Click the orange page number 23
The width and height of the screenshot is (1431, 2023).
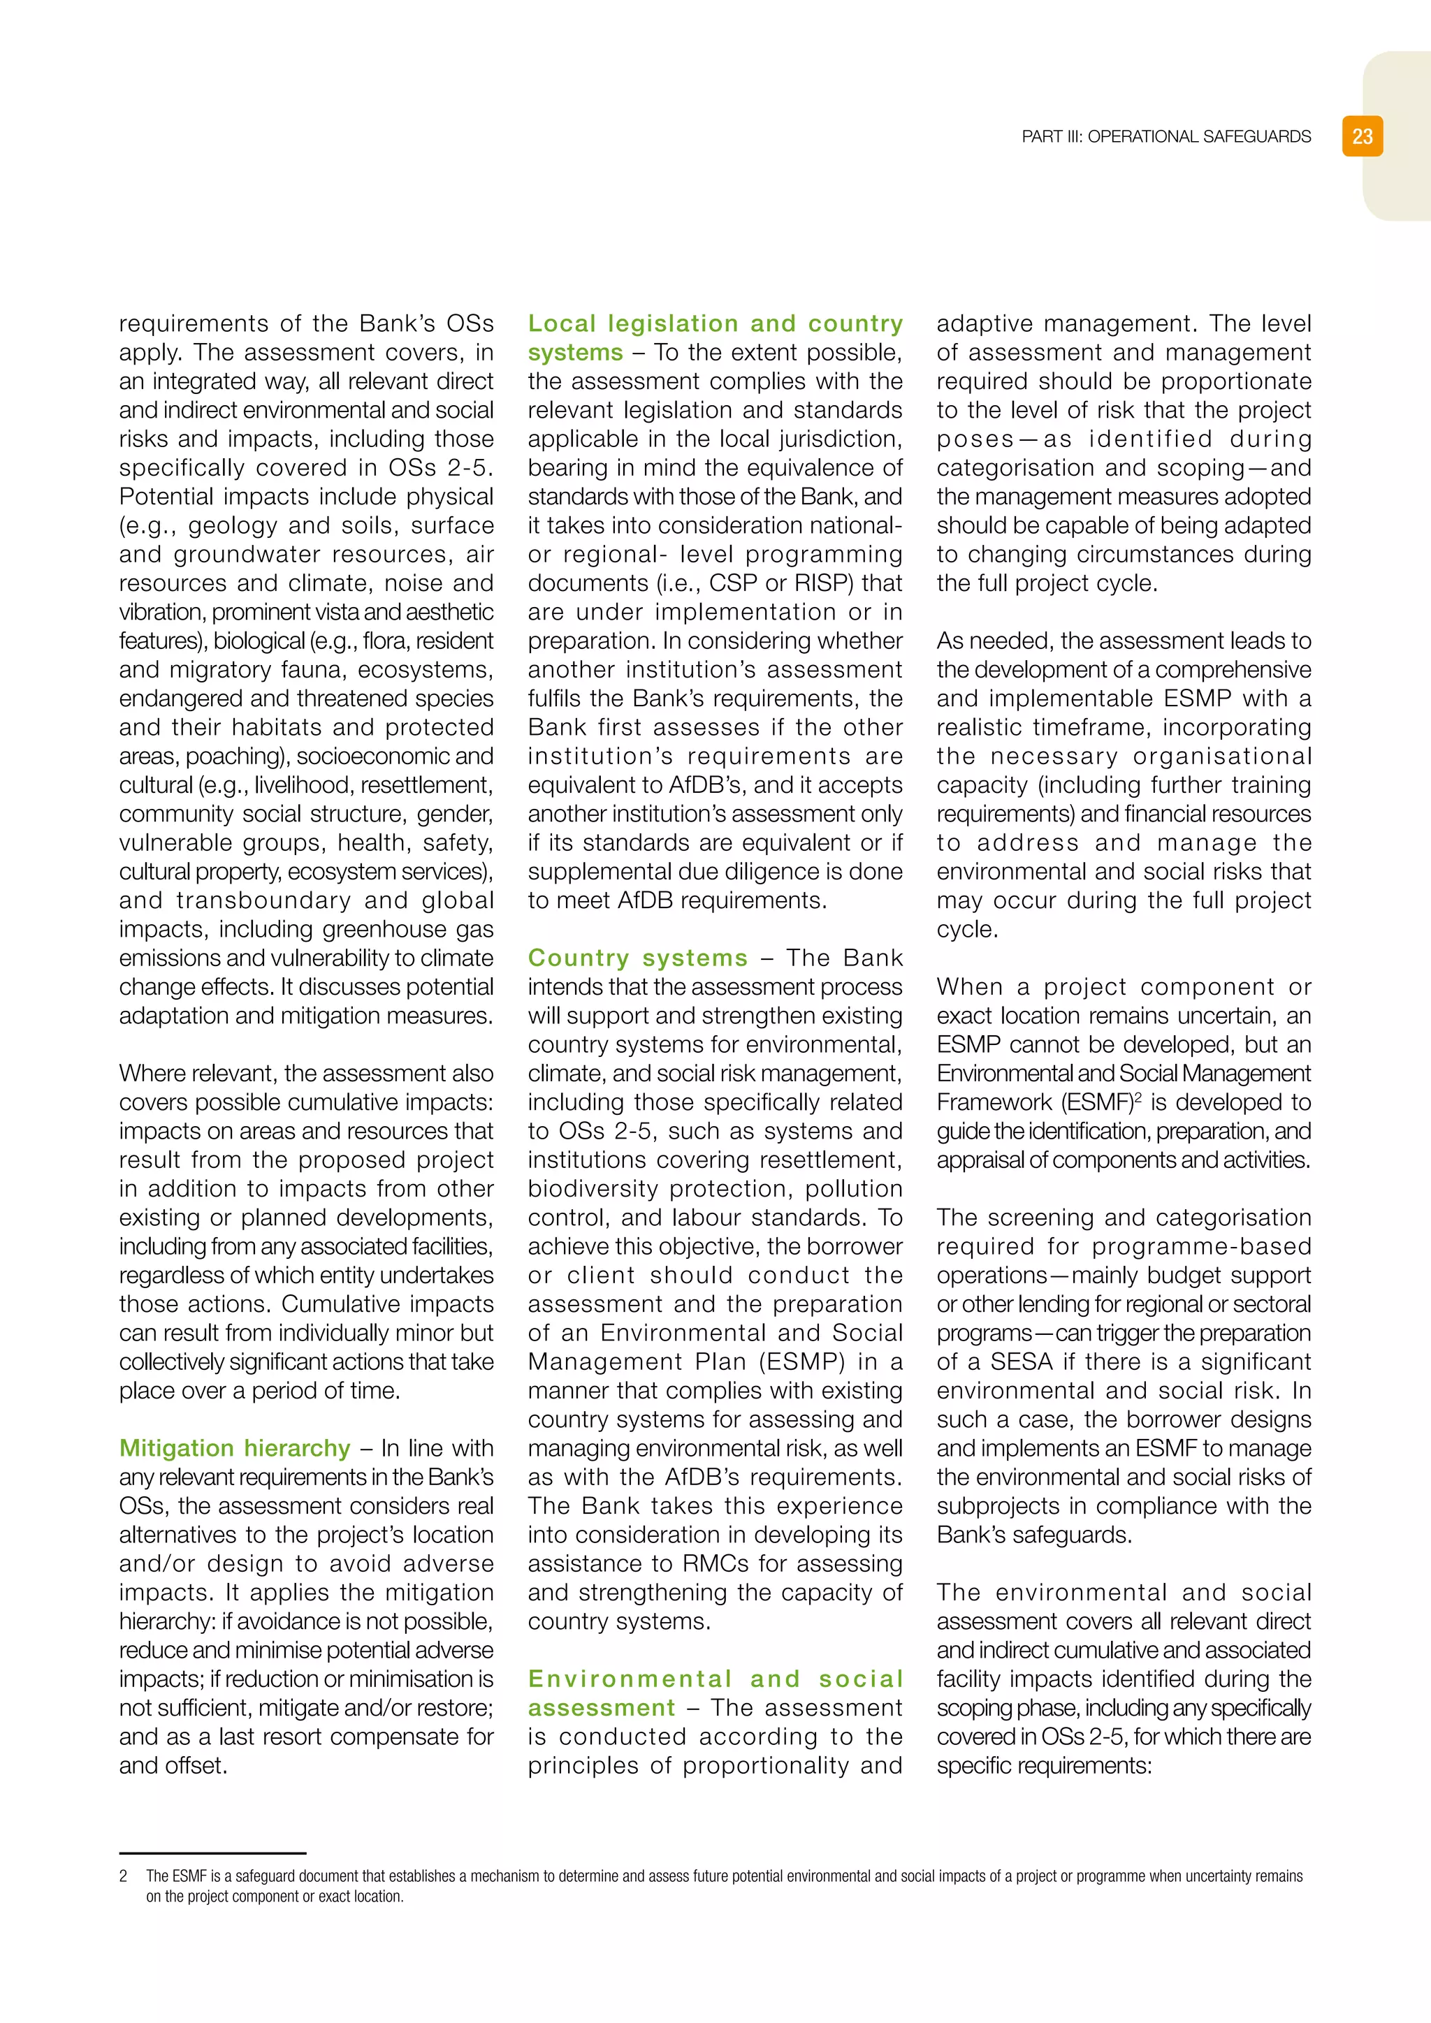[1363, 137]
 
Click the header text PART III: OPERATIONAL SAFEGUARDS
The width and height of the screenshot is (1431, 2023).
[1165, 137]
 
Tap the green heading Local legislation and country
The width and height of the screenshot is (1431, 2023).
[715, 323]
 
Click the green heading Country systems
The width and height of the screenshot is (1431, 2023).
[637, 958]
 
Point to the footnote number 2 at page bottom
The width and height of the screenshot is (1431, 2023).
[124, 1877]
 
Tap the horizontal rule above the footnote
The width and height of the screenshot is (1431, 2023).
[212, 1854]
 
